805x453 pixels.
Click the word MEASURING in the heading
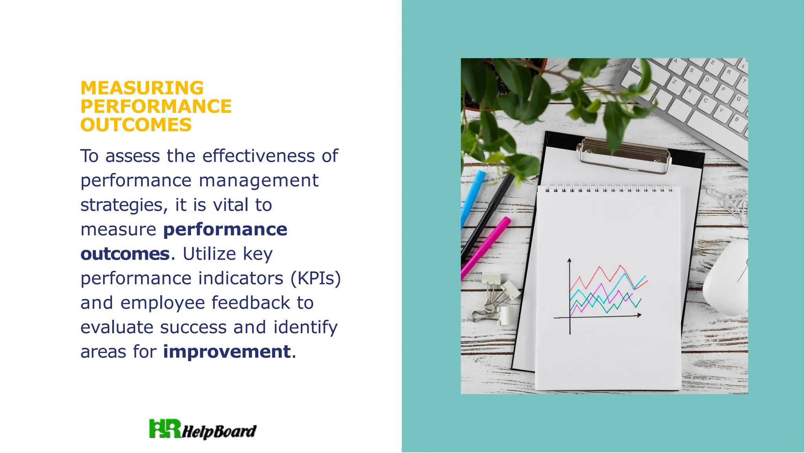point(142,88)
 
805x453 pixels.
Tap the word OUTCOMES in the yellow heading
point(136,125)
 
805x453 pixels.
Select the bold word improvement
point(227,351)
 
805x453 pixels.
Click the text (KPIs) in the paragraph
point(316,278)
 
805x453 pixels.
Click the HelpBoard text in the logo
point(219,432)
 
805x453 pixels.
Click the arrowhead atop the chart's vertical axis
point(569,260)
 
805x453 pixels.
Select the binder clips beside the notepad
point(496,299)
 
